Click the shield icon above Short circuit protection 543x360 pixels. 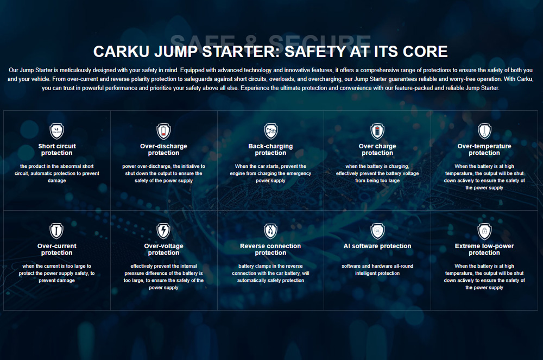coord(56,131)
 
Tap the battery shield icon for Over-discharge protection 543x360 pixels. coord(163,131)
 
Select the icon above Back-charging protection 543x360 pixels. coord(270,131)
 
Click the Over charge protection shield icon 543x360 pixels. coord(377,131)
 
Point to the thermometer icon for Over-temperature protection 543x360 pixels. coord(484,131)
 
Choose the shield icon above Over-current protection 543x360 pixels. coord(56,231)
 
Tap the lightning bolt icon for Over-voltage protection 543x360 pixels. coord(163,231)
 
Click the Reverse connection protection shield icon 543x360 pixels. coord(270,231)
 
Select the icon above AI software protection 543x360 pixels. coord(377,231)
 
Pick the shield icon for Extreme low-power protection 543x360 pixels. coord(484,231)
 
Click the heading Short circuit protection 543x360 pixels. coord(56,149)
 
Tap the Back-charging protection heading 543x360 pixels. coord(270,149)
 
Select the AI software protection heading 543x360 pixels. coord(377,246)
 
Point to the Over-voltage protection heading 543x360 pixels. coord(163,249)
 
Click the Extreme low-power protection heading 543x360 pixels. coord(484,249)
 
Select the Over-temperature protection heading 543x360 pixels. coord(484,149)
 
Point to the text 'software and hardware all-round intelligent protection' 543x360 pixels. coord(377,270)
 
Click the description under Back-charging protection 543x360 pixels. coord(270,173)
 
